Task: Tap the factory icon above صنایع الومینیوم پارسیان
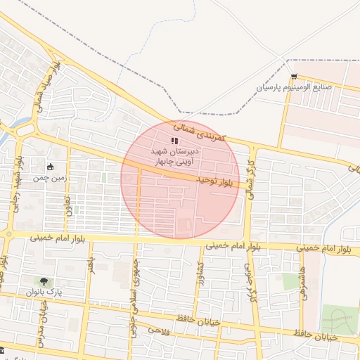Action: click(x=294, y=77)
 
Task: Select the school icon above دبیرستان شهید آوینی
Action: click(x=174, y=141)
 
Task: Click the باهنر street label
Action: click(x=90, y=268)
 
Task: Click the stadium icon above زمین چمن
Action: click(x=50, y=167)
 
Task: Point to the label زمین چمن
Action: click(x=49, y=179)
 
